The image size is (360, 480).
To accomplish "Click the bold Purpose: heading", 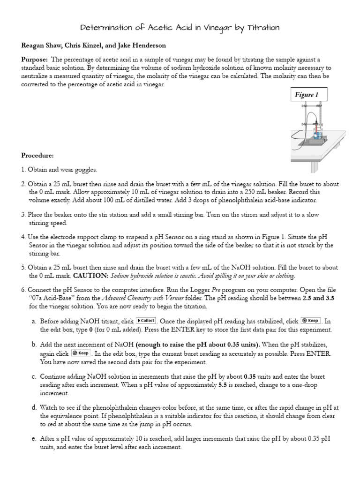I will click(35, 60).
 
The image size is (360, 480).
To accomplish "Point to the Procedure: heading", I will click(37, 155).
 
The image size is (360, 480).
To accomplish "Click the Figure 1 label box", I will click(307, 95).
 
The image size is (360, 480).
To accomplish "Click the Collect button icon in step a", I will click(146, 321).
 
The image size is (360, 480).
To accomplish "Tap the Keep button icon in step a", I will click(310, 321).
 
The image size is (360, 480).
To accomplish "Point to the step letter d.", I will click(34, 408).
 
